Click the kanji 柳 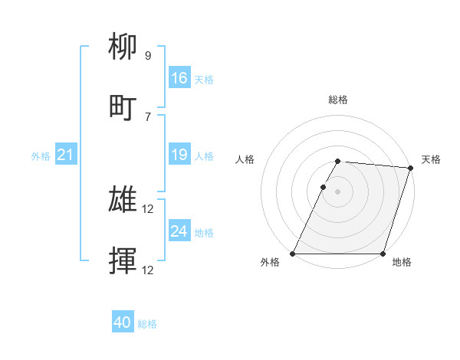(x=123, y=49)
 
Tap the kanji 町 (x=123, y=108)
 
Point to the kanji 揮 (x=123, y=261)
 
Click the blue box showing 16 (x=179, y=78)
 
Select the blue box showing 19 (x=179, y=155)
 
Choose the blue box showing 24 (x=179, y=231)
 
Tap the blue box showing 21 (x=66, y=155)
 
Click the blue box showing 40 (x=123, y=323)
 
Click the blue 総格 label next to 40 (x=147, y=324)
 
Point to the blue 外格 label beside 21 (x=41, y=156)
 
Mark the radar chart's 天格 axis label (x=431, y=159)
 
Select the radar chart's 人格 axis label (x=245, y=159)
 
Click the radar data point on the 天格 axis (x=411, y=169)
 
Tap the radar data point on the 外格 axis (x=293, y=254)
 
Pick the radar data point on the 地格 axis (x=383, y=254)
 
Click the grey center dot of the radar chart (x=338, y=191)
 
